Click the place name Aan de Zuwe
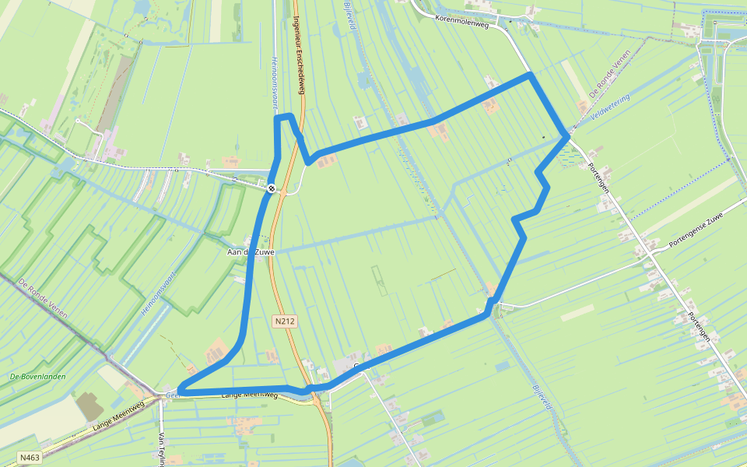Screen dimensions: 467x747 [247, 252]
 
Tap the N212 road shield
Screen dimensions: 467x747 [286, 321]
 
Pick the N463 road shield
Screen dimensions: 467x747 [30, 457]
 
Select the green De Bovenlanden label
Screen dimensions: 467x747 [37, 377]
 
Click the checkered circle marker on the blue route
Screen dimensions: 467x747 [271, 188]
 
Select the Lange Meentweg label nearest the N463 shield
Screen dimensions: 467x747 [118, 416]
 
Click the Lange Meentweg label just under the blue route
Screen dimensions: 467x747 [249, 395]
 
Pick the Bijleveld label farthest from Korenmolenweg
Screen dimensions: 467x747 [542, 397]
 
